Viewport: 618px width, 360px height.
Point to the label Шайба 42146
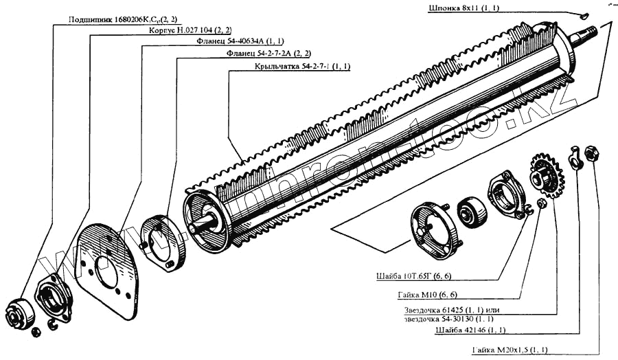[x=465, y=330]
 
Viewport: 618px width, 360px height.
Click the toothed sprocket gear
[x=547, y=175]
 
